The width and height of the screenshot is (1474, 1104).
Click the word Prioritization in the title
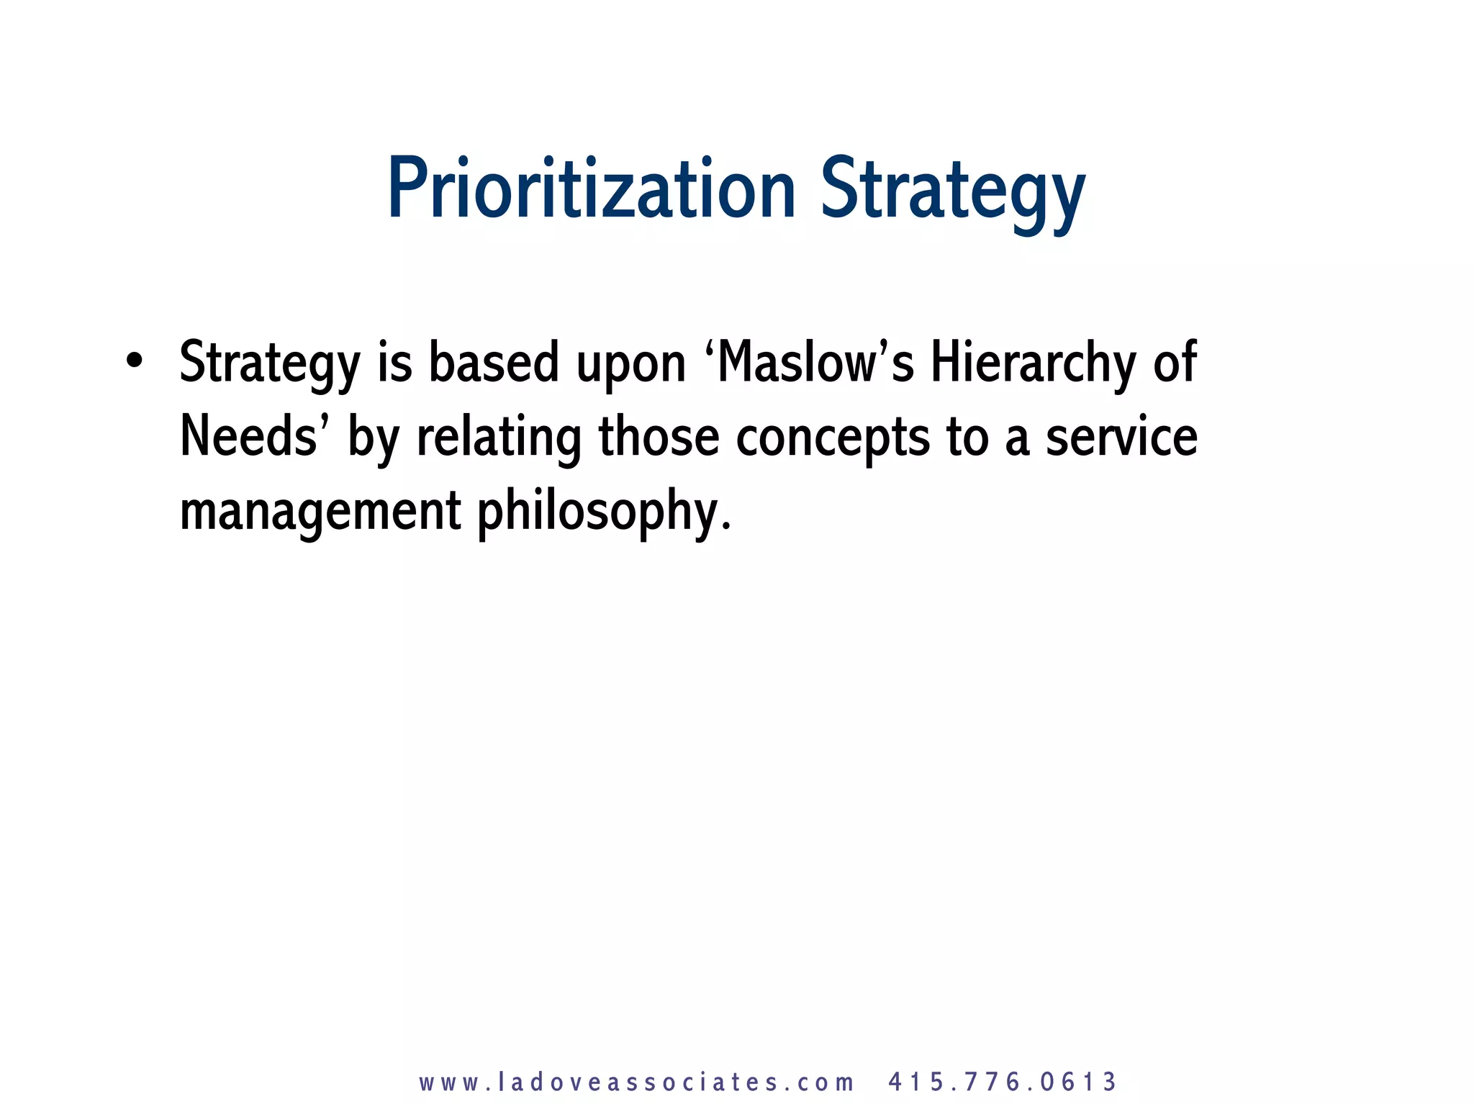coord(590,189)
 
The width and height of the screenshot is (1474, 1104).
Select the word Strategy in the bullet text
coord(269,363)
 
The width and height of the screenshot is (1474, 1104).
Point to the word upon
coord(631,366)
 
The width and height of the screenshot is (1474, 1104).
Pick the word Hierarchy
coord(1033,363)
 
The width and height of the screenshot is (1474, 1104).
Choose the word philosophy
coord(604,512)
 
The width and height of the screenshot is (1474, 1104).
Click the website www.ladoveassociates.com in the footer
coord(636,1082)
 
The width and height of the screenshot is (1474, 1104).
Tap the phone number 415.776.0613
coord(1002,1082)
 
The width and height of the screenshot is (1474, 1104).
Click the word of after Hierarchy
coord(1175,362)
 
